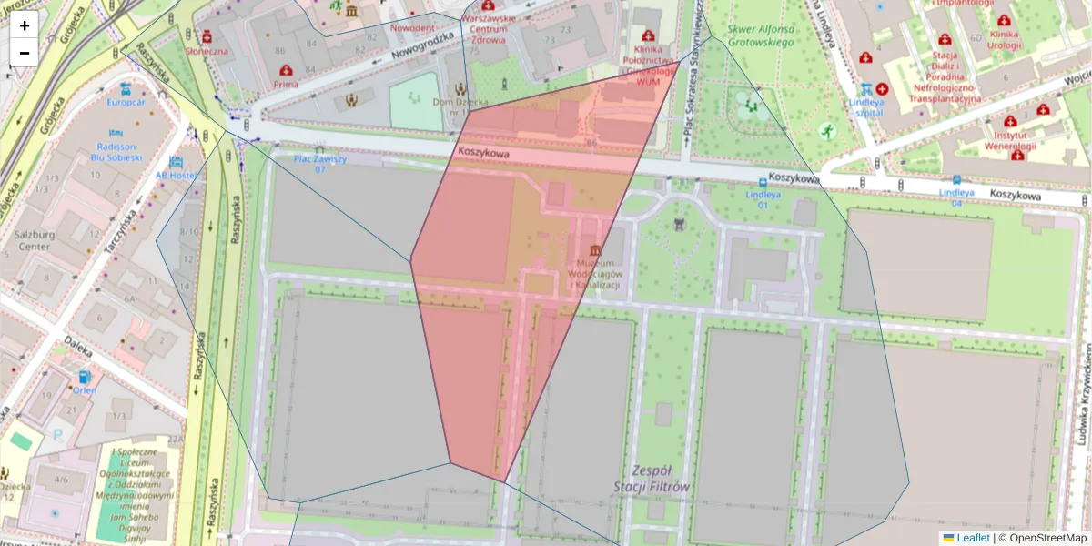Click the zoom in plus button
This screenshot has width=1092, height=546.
(25, 25)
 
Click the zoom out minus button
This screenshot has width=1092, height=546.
(25, 53)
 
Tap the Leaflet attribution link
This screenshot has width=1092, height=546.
(973, 538)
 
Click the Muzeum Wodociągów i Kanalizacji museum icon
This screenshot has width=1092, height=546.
(595, 250)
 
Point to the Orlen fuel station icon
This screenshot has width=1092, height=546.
(85, 377)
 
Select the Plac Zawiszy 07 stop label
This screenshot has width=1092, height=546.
(319, 164)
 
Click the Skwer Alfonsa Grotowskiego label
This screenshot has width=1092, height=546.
(760, 35)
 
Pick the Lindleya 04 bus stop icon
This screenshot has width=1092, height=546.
(956, 180)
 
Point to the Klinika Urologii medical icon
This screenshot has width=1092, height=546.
(1004, 20)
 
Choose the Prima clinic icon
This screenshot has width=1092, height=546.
(286, 70)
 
